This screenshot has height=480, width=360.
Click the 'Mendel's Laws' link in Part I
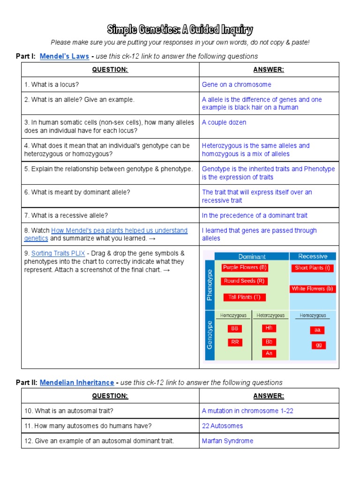point(64,56)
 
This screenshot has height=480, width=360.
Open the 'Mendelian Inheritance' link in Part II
point(77,382)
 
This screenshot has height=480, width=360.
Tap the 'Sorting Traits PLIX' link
point(58,253)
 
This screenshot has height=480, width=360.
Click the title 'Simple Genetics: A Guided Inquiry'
point(180,30)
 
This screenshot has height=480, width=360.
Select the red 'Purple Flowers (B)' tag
point(245,268)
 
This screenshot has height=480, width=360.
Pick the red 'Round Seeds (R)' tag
point(245,281)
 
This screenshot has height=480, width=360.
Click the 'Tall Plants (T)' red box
point(245,297)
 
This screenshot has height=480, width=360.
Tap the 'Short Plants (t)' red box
point(313,268)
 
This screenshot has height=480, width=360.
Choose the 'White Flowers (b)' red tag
point(313,289)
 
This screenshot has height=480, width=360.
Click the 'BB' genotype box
point(235,329)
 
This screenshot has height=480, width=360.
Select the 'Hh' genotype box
point(269,328)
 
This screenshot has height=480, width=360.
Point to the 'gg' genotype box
point(319,345)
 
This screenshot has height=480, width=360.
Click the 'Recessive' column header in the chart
point(313,256)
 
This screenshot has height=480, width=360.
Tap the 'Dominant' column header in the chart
point(252,256)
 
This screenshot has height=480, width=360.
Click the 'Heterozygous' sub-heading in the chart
point(270,316)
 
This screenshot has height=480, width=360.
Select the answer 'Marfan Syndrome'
point(227,441)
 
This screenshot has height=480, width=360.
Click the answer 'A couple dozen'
point(224,122)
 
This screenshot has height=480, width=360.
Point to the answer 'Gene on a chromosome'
point(236,84)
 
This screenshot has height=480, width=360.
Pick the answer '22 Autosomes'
point(222,426)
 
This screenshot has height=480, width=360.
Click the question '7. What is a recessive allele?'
point(66,215)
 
